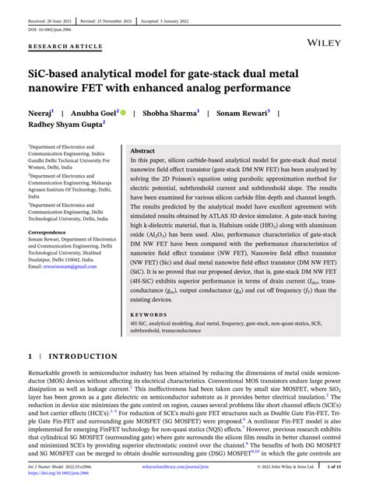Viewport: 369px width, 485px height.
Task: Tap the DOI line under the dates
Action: click(48, 29)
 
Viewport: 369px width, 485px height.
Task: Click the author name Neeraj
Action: click(40, 113)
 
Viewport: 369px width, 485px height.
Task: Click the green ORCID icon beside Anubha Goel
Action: click(123, 113)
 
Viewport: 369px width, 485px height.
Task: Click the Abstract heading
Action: click(142, 150)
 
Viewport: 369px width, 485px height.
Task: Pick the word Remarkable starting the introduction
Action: click(47, 374)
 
